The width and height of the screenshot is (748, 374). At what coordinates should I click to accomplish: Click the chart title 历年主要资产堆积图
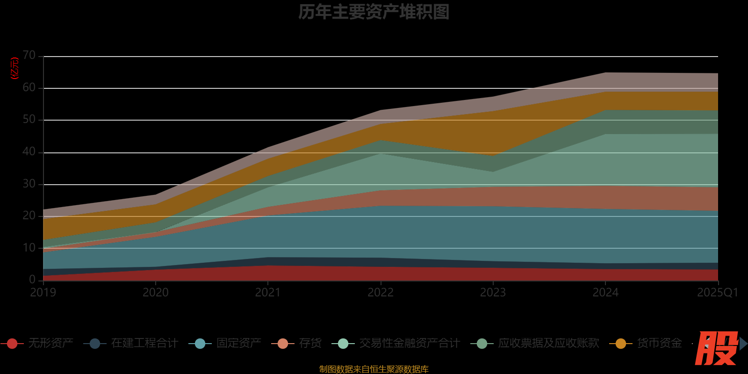click(374, 12)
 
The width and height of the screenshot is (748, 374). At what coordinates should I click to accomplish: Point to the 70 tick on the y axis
click(29, 55)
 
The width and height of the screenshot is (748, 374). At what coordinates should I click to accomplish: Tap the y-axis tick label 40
click(29, 151)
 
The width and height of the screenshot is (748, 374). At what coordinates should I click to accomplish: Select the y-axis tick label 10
click(29, 248)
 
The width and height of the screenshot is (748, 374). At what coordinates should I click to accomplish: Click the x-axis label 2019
click(43, 293)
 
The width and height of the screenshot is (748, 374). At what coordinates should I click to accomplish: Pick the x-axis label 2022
click(381, 293)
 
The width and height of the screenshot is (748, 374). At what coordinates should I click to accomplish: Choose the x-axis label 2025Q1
click(717, 293)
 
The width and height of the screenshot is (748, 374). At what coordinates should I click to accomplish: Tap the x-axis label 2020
click(156, 293)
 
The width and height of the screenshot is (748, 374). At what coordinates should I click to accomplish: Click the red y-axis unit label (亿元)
click(15, 68)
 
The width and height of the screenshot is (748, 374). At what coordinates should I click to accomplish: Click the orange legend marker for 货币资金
click(621, 344)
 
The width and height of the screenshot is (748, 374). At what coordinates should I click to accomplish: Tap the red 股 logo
click(716, 348)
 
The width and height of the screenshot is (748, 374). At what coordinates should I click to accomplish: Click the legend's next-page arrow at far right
click(743, 344)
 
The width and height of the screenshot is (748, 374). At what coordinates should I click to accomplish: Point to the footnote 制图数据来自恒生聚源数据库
click(374, 369)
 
